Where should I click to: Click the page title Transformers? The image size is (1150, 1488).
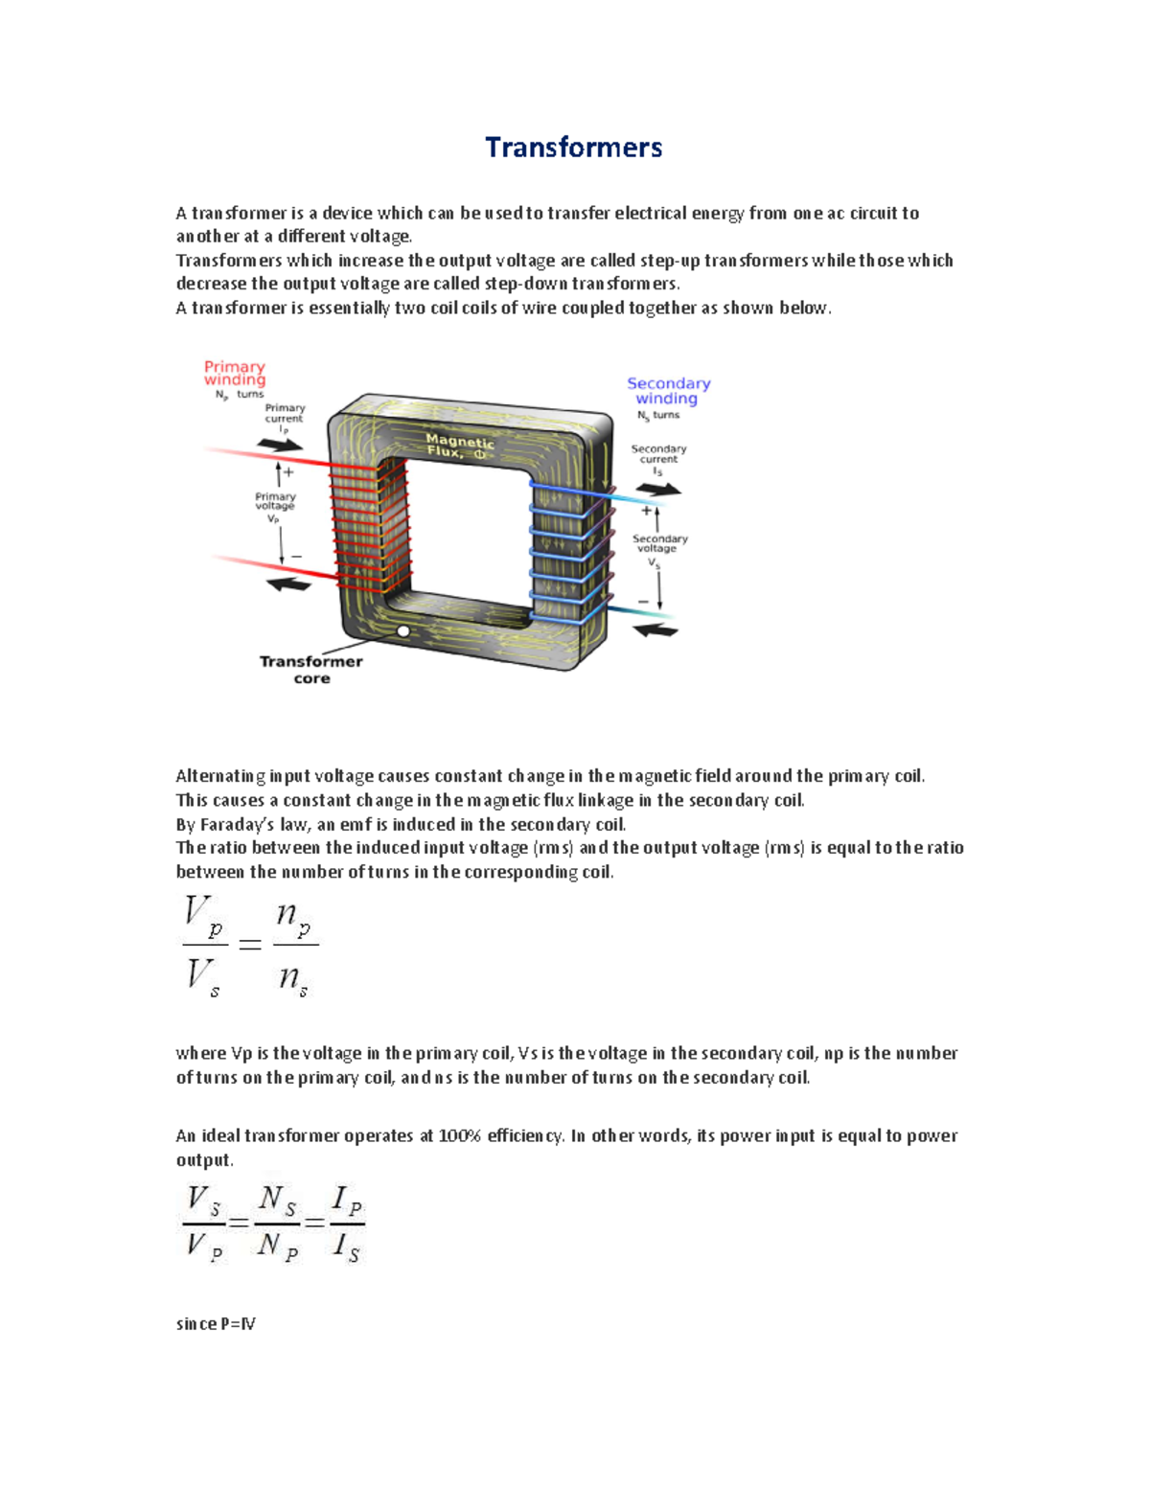[573, 148]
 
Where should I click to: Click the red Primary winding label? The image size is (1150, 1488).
[235, 373]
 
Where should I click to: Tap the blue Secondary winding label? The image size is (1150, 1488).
[668, 390]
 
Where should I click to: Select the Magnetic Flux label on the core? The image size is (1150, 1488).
[460, 446]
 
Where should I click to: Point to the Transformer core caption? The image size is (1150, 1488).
[311, 669]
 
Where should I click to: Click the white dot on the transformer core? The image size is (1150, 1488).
[403, 631]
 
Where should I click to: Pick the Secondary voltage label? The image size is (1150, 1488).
[659, 543]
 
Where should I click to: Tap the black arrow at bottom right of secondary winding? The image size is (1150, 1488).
[656, 630]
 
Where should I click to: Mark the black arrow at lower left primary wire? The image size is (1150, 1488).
[287, 584]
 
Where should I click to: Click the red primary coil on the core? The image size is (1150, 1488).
[370, 525]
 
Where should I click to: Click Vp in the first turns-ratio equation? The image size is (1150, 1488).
[203, 914]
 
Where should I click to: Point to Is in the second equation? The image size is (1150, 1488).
[346, 1248]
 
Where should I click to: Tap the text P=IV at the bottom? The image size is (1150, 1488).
[238, 1324]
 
